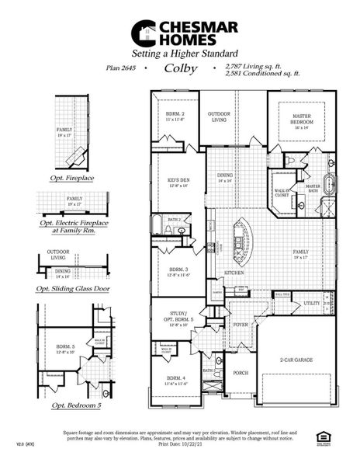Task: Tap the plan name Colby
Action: coord(182,68)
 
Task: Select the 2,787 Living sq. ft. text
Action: coord(252,66)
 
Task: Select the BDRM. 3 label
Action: coord(176,272)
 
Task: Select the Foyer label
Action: coord(240,325)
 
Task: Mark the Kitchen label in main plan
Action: coord(235,273)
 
